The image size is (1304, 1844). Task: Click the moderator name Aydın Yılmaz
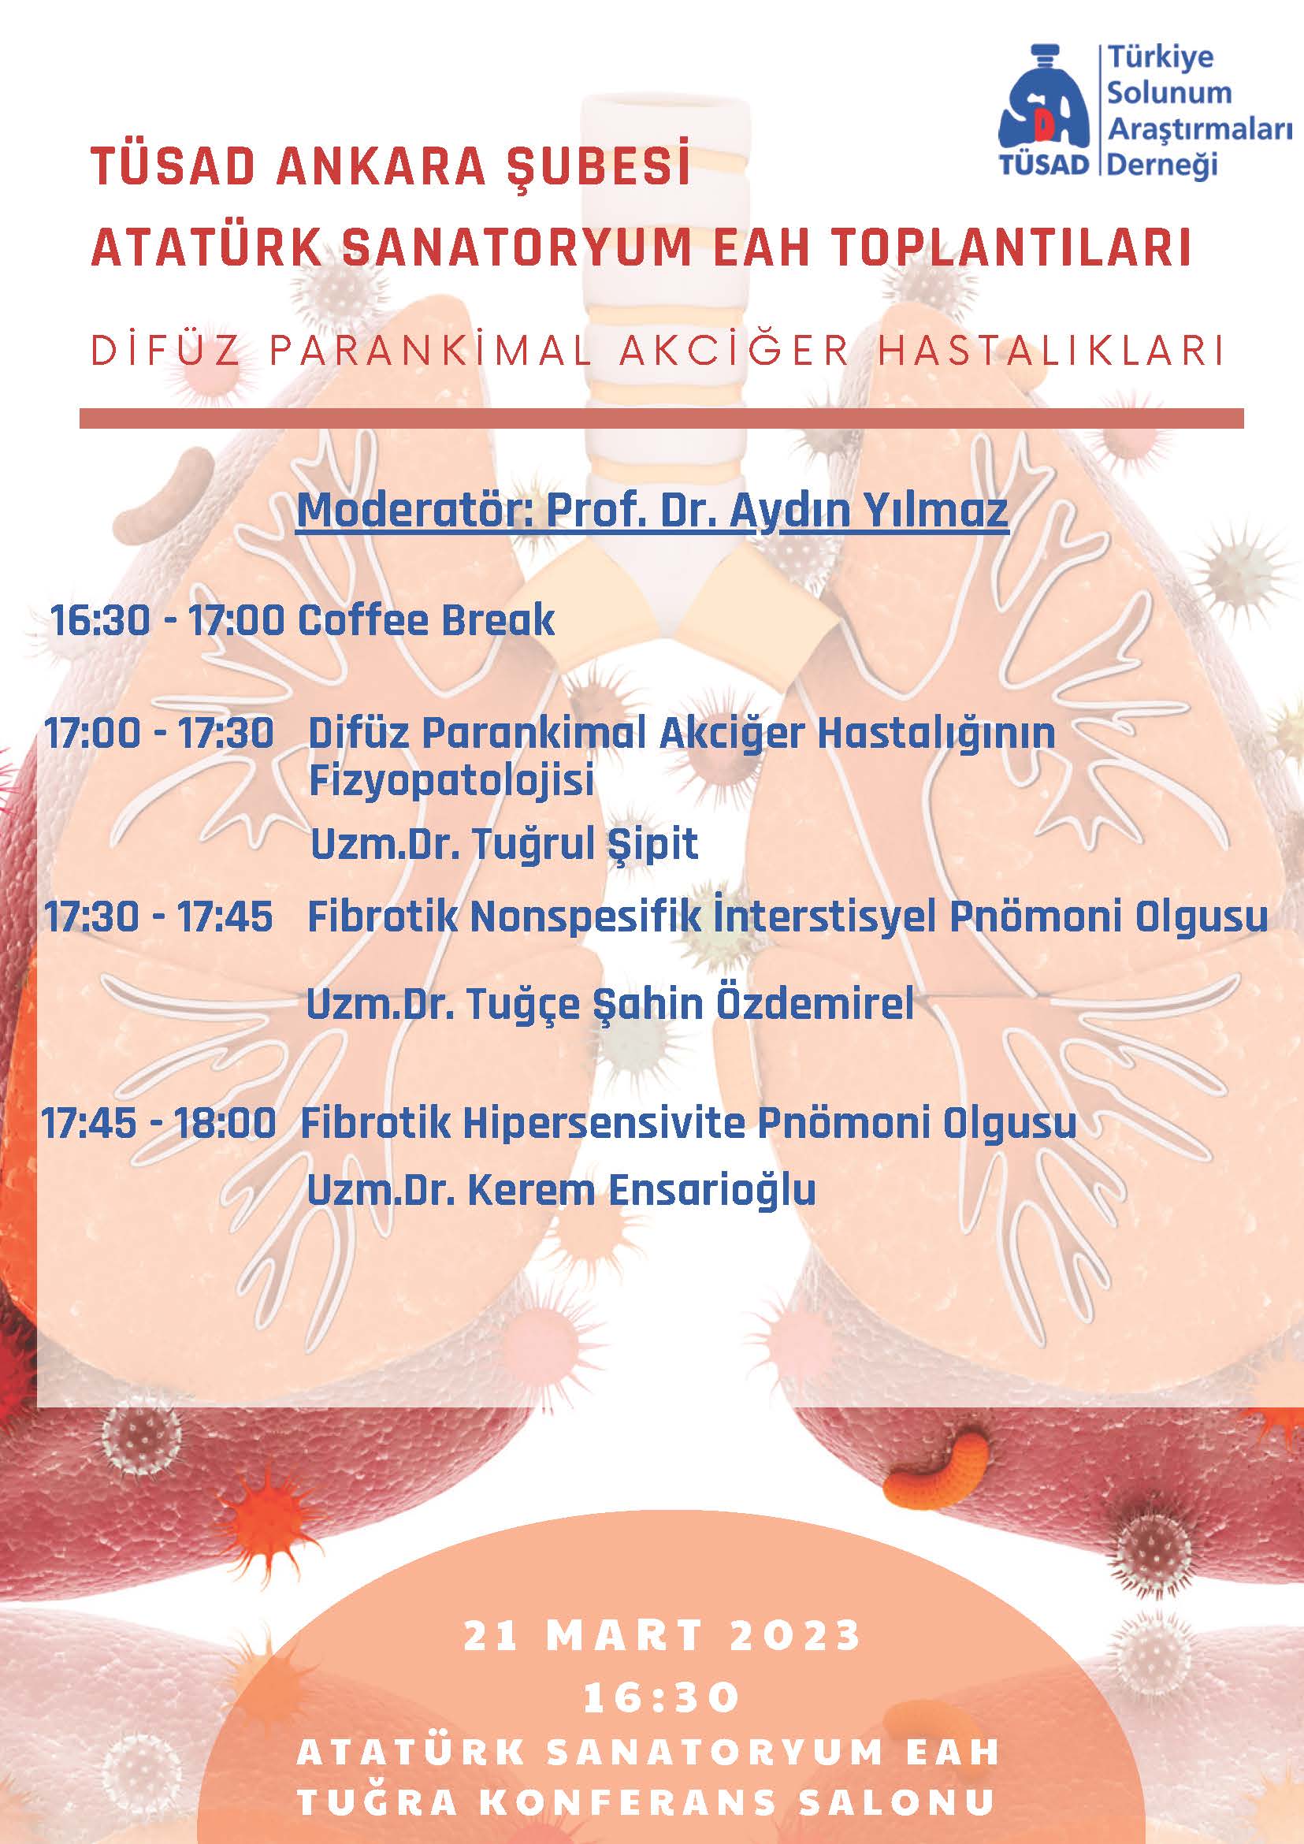[x=868, y=511]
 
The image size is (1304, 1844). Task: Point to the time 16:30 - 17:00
[x=167, y=620]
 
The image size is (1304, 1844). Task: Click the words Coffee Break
[x=426, y=620]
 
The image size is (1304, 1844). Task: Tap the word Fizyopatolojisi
[x=451, y=781]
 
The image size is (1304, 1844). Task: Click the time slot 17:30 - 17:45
[x=158, y=917]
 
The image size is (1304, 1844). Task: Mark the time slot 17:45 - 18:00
[x=159, y=1123]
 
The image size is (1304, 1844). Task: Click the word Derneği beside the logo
[x=1162, y=164]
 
